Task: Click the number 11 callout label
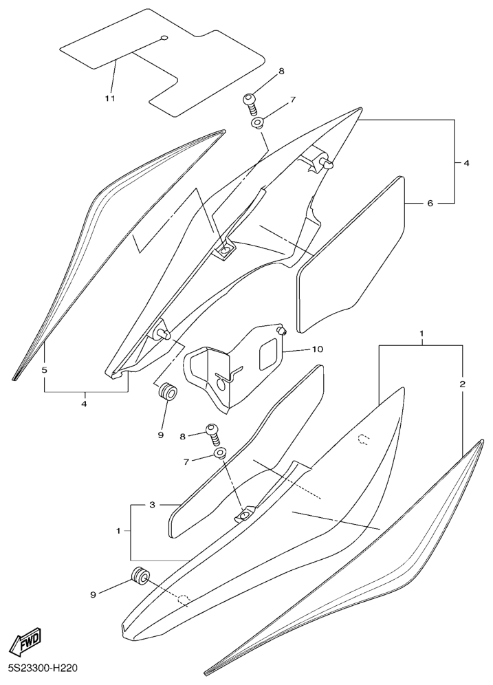pyautogui.click(x=109, y=98)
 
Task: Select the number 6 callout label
pyautogui.click(x=430, y=203)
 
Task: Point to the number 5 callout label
pyautogui.click(x=44, y=371)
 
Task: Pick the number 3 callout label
pyautogui.click(x=153, y=505)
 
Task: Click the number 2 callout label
pyautogui.click(x=463, y=384)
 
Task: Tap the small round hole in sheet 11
pyautogui.click(x=164, y=39)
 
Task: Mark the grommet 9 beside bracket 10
pyautogui.click(x=168, y=391)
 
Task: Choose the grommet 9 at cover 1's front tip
pyautogui.click(x=140, y=576)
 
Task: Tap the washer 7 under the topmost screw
pyautogui.click(x=257, y=124)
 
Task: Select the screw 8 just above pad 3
pyautogui.click(x=212, y=433)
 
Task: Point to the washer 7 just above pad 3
pyautogui.click(x=220, y=454)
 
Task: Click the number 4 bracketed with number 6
pyautogui.click(x=466, y=163)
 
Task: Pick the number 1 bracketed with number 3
pyautogui.click(x=118, y=530)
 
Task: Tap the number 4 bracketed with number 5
pyautogui.click(x=84, y=404)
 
